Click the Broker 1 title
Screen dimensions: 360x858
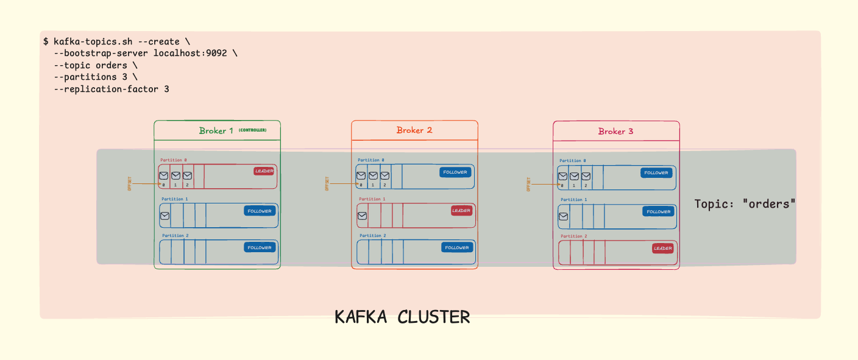tap(216, 131)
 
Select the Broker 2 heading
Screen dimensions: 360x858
tap(414, 130)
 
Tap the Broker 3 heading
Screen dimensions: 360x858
tap(615, 132)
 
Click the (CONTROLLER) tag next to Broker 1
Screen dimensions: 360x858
tap(252, 130)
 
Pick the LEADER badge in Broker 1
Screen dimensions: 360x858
tap(264, 171)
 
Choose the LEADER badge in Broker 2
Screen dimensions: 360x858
tap(461, 211)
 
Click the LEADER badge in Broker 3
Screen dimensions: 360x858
tap(662, 249)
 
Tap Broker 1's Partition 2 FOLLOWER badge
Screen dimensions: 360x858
tap(260, 248)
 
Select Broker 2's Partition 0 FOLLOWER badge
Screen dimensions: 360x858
tap(455, 172)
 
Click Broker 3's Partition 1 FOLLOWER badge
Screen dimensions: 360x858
tap(658, 212)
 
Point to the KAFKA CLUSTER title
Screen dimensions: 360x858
tap(402, 317)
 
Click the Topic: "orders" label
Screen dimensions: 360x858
tap(745, 204)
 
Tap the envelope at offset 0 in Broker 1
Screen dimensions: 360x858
tap(163, 176)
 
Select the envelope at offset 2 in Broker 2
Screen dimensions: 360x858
tap(385, 176)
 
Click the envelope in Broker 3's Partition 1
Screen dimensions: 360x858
tap(563, 216)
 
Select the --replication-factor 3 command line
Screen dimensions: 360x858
tap(112, 89)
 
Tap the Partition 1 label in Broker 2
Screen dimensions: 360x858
tap(372, 199)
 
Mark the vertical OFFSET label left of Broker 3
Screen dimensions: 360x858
tap(528, 184)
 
